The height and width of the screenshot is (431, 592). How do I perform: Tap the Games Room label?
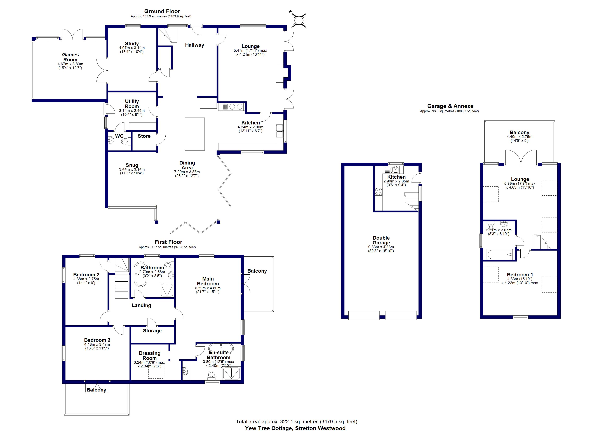coord(71,57)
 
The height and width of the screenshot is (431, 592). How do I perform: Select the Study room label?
coord(132,43)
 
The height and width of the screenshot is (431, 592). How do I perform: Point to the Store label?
coord(144,136)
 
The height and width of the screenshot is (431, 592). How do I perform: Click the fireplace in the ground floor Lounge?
coord(283,73)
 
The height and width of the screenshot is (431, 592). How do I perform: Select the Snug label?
coord(132,165)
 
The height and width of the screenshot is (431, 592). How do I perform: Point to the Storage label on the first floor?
coord(152,331)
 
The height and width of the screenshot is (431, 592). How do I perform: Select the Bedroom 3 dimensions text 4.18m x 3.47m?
coord(97,344)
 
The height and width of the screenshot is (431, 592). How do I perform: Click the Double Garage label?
coord(381,240)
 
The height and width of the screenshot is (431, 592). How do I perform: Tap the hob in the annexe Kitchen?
coord(379,192)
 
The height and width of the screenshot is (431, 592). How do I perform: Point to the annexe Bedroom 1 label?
coord(520,274)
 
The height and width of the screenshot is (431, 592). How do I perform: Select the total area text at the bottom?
coord(297,421)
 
